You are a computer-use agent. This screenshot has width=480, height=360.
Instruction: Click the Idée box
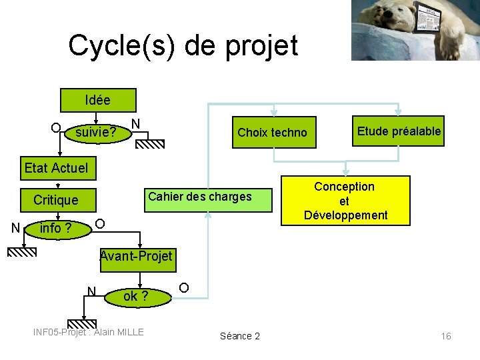pyautogui.click(x=98, y=101)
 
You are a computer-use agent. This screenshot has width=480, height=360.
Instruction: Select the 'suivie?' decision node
pyautogui.click(x=96, y=133)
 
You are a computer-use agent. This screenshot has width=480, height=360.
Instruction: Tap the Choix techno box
pyautogui.click(x=272, y=133)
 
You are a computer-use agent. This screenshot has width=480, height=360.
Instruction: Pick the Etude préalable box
pyautogui.click(x=399, y=131)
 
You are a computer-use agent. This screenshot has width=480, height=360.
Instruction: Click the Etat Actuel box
pyautogui.click(x=55, y=168)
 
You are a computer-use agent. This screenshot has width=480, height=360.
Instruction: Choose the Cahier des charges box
pyautogui.click(x=200, y=197)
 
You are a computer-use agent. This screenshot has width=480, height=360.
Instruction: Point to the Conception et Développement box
pyautogui.click(x=345, y=201)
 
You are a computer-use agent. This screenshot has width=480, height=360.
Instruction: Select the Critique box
pyautogui.click(x=56, y=200)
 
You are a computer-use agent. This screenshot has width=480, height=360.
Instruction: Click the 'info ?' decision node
pyautogui.click(x=56, y=229)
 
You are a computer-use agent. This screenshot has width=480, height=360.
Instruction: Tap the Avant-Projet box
pyautogui.click(x=135, y=256)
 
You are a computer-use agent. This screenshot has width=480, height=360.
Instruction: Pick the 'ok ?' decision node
pyautogui.click(x=136, y=296)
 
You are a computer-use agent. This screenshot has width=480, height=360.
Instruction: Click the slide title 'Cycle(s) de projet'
pyautogui.click(x=183, y=45)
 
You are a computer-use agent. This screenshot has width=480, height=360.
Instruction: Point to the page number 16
pyautogui.click(x=446, y=336)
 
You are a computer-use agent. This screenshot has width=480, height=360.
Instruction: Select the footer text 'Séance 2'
pyautogui.click(x=240, y=336)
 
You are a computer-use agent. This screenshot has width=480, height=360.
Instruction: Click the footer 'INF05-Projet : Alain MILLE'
pyautogui.click(x=89, y=332)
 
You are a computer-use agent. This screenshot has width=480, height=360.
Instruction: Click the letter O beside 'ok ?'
pyautogui.click(x=184, y=287)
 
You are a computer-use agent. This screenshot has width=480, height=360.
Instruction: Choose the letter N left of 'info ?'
pyautogui.click(x=15, y=229)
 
